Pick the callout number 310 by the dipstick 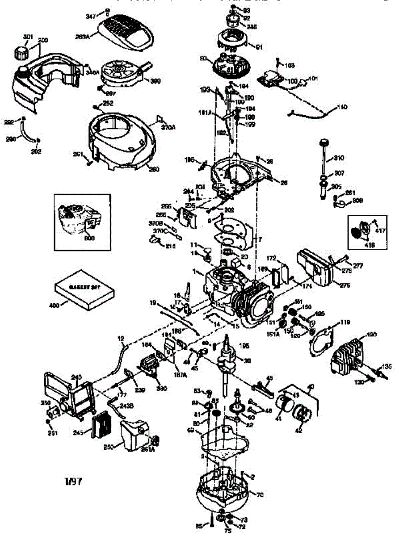point(339,159)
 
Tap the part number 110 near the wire point(341,108)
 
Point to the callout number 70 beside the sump point(259,494)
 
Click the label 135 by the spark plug point(387,366)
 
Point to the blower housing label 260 point(154,169)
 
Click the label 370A point(168,127)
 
